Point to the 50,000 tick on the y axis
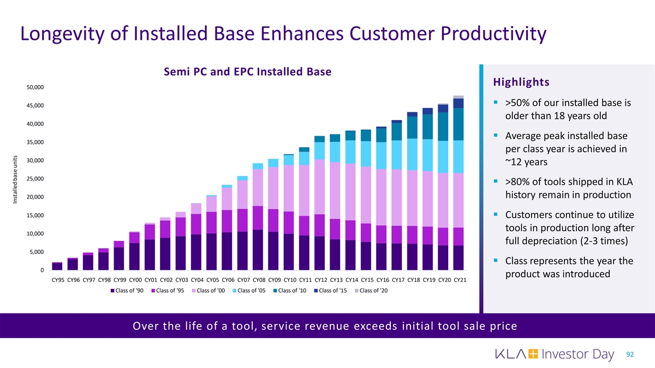(35, 87)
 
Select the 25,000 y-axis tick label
(35, 179)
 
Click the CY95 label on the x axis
(57, 280)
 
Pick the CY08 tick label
(258, 280)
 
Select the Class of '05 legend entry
(252, 289)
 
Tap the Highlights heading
(521, 82)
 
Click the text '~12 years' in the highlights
(526, 163)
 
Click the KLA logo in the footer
(515, 354)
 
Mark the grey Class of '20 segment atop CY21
(458, 97)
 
